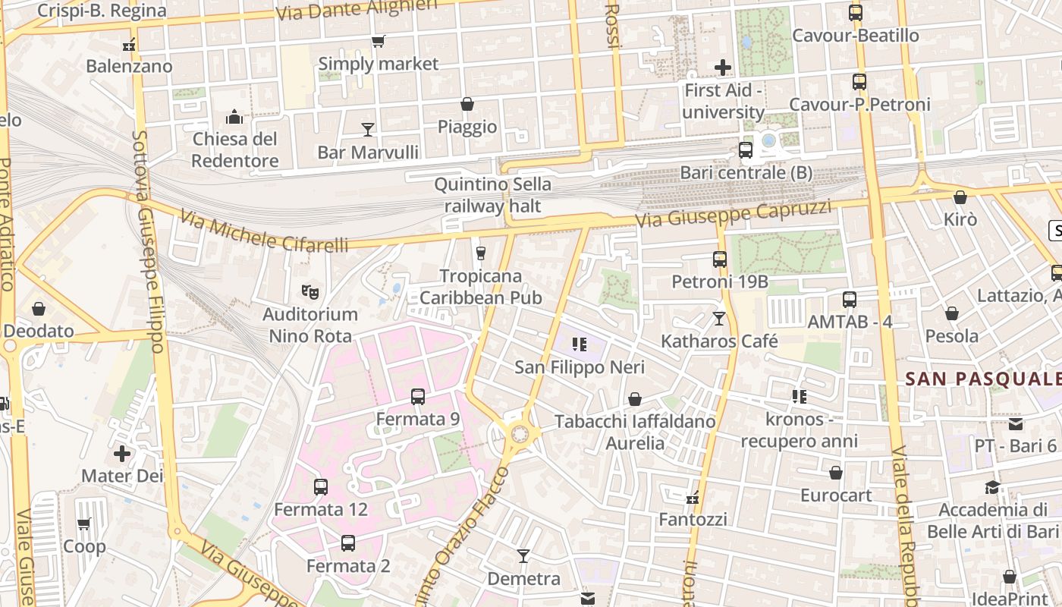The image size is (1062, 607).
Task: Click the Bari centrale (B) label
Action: point(746,172)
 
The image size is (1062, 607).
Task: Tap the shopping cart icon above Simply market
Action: point(378,42)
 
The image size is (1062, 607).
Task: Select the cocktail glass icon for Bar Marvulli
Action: point(368,130)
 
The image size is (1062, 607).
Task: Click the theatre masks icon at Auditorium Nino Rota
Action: point(309,291)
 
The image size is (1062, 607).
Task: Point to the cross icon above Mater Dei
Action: point(122,454)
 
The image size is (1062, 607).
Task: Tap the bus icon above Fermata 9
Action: point(417,396)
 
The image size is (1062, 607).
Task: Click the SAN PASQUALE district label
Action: point(982,379)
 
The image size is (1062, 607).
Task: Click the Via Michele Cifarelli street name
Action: point(264,234)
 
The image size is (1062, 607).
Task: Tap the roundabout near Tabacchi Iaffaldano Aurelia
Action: point(520,434)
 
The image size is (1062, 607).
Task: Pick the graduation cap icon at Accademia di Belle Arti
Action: point(992,487)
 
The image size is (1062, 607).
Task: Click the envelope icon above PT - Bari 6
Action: point(1015,424)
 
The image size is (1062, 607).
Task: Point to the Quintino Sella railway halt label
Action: point(492,195)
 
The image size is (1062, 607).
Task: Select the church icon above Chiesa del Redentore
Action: point(234,117)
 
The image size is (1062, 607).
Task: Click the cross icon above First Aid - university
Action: point(722,68)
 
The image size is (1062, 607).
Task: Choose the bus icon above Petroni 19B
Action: point(720,259)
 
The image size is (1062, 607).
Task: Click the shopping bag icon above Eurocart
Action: point(835,473)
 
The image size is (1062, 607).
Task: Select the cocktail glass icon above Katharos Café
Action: point(719,319)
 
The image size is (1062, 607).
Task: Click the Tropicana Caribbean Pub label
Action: point(481,286)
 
